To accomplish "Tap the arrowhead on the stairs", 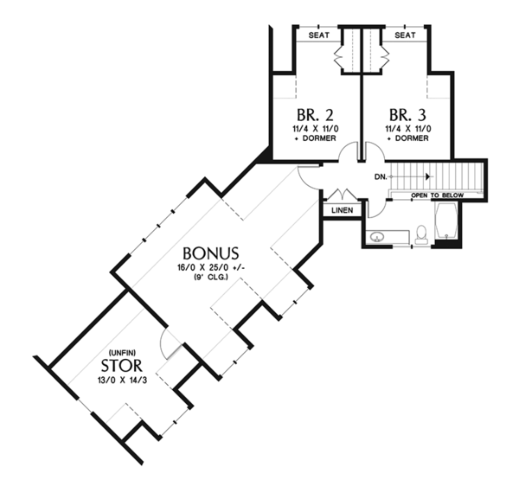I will point(426,176).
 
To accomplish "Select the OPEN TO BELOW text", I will point(437,195).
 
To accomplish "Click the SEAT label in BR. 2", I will point(317,35).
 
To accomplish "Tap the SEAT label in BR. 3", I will point(407,35).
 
